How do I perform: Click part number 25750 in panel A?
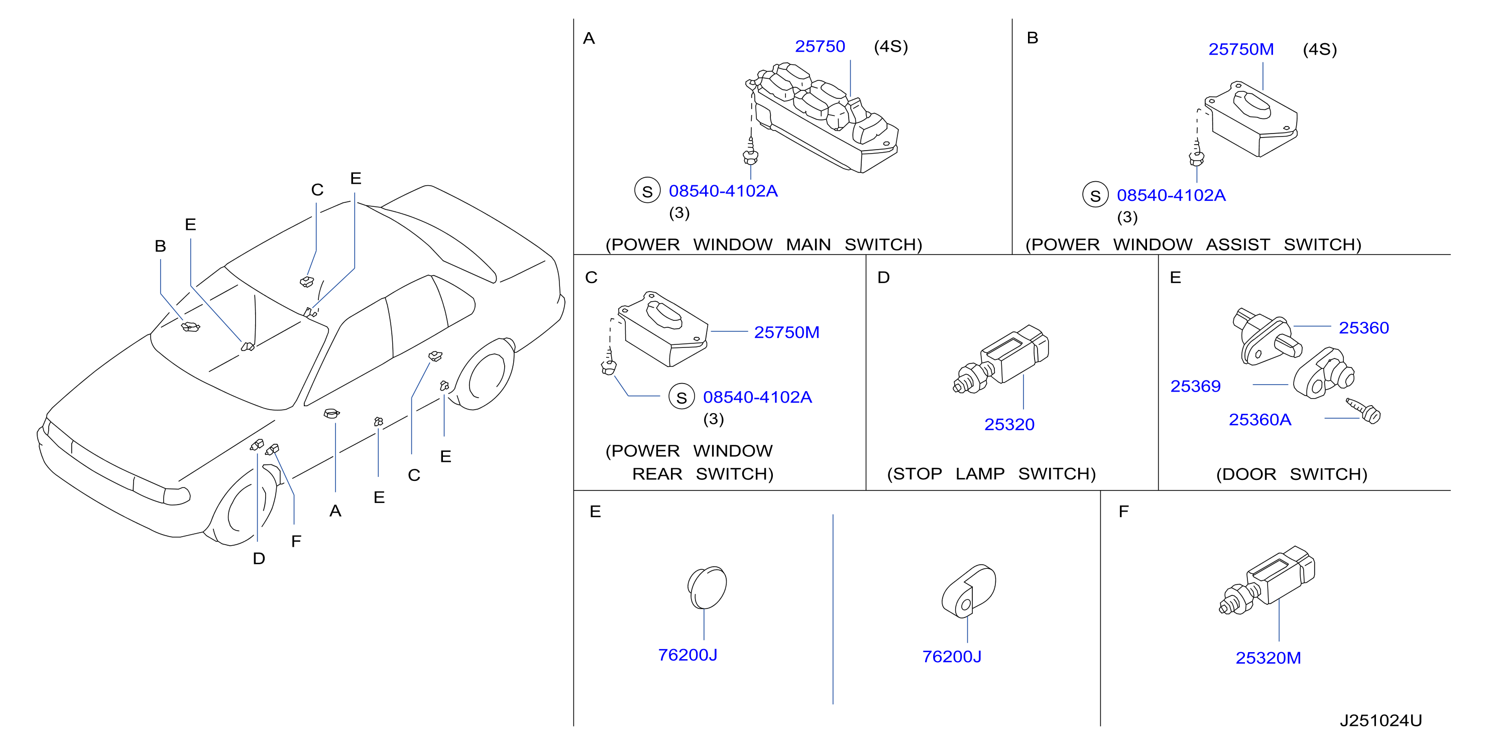click(x=819, y=46)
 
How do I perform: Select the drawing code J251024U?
click(x=1381, y=720)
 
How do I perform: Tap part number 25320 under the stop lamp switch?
click(x=1009, y=425)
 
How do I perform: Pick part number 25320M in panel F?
click(x=1268, y=658)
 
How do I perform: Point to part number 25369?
click(x=1195, y=386)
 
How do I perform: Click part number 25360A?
click(x=1260, y=419)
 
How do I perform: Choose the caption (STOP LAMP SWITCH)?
click(x=991, y=473)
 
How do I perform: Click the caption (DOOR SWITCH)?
click(x=1292, y=474)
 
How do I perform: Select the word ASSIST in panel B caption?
click(x=1237, y=244)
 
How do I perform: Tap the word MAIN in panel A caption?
click(x=808, y=244)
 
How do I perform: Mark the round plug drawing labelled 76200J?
click(x=707, y=587)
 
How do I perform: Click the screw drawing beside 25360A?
click(x=1364, y=410)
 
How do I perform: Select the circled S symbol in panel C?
click(x=681, y=397)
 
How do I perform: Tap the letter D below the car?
click(x=259, y=558)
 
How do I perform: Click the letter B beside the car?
click(x=160, y=246)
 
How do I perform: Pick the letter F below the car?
click(x=296, y=541)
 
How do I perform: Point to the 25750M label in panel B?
click(x=1241, y=49)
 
